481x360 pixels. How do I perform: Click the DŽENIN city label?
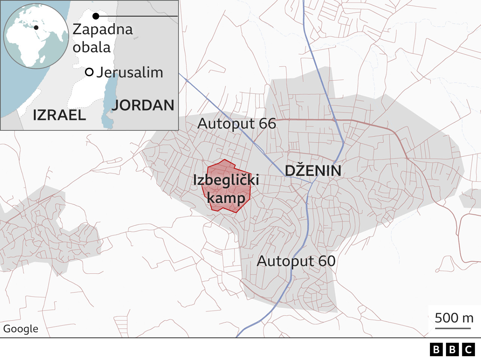coord(313,171)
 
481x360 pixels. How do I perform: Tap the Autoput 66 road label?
coord(237,124)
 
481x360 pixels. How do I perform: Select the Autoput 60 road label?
coord(296,261)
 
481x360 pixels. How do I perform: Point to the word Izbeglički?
coord(226,180)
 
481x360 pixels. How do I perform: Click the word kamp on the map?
coord(226,198)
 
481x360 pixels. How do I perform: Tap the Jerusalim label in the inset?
coord(130,73)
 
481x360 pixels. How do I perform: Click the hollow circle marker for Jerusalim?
coord(89,72)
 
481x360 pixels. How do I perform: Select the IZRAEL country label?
coord(59,115)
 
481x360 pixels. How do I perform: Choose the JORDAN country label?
coord(143,105)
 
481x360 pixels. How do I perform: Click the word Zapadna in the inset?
coord(103,29)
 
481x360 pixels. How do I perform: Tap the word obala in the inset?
coord(92,47)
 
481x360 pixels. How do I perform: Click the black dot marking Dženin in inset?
coord(96,16)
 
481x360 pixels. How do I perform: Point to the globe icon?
coord(36,36)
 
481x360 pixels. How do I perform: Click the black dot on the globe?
coord(36,27)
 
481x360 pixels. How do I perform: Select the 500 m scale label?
coord(454,318)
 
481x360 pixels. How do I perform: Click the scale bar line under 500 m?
coord(453,328)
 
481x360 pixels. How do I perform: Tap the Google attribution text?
coord(21,329)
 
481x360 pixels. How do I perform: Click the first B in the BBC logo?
coord(436,350)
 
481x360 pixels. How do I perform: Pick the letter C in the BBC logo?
coord(468,350)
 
